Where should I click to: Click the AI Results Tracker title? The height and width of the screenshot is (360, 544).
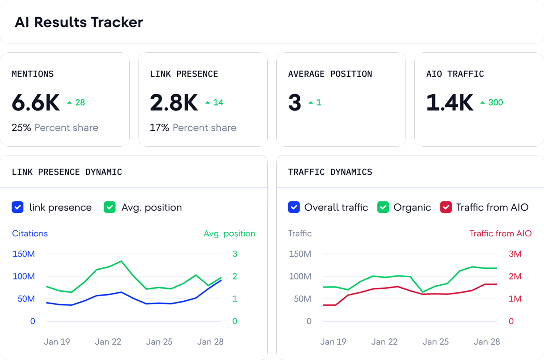pos(79,22)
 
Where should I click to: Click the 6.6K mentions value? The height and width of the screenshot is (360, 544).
pos(36,102)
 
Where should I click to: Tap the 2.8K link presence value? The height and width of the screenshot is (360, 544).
pos(174,102)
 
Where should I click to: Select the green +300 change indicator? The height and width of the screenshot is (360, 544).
pos(492,102)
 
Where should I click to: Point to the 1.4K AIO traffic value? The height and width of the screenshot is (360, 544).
pos(450,102)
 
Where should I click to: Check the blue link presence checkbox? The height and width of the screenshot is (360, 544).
pos(18,207)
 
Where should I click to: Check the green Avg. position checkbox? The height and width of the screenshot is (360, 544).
pos(110,207)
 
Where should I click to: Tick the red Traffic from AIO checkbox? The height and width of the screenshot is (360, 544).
pos(446,207)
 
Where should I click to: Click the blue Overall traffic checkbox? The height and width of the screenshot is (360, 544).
pos(294,207)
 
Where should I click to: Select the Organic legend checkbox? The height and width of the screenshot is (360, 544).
pos(383,207)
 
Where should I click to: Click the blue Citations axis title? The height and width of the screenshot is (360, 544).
pos(30,233)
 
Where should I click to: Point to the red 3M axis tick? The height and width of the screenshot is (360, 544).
pos(515,254)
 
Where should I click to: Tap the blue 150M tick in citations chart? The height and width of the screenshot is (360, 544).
pos(24,254)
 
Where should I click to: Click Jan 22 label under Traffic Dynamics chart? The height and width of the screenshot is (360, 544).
pos(384,342)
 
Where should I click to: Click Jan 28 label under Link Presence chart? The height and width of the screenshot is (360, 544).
pos(210,342)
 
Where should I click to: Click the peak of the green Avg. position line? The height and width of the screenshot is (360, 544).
pos(121,261)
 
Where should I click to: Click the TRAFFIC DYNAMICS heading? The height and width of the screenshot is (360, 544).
pos(330,172)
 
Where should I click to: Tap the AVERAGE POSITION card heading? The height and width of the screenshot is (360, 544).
pos(330,74)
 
